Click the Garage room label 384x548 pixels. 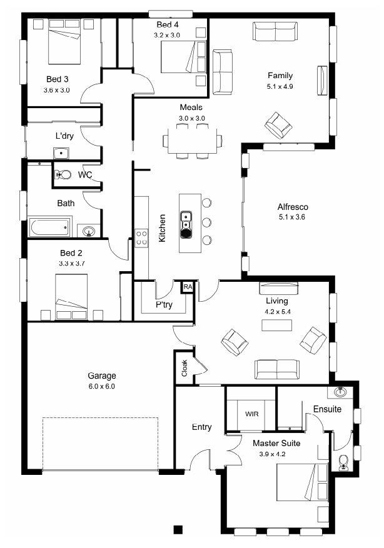(x=102, y=376)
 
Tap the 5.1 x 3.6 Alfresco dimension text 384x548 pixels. (x=291, y=217)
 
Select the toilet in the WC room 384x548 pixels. (x=63, y=174)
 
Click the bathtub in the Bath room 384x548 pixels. (x=50, y=227)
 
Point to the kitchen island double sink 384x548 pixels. (x=186, y=224)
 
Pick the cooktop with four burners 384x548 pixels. (x=141, y=237)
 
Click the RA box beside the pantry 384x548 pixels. (x=188, y=287)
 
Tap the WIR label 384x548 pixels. (x=252, y=414)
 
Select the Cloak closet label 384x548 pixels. (x=184, y=368)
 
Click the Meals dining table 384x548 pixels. (x=192, y=141)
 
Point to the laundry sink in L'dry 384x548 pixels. (x=61, y=153)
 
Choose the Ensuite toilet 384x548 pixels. (x=343, y=462)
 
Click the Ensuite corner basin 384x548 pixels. (x=340, y=392)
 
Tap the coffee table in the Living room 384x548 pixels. (x=276, y=325)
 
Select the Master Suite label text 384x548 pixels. (x=276, y=443)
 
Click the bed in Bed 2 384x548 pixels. (x=71, y=296)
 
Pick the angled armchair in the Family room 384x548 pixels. (x=278, y=125)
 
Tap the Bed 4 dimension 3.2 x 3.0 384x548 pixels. (x=167, y=35)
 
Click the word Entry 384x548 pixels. (x=202, y=427)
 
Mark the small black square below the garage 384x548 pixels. (x=178, y=529)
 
